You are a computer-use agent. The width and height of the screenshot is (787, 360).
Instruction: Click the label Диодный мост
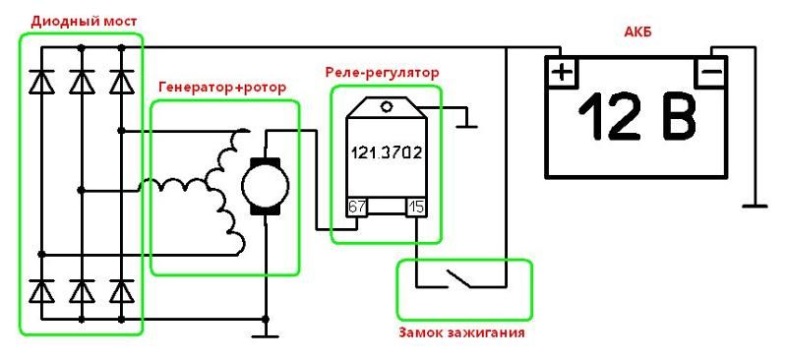84,22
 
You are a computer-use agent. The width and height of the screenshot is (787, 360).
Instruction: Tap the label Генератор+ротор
222,88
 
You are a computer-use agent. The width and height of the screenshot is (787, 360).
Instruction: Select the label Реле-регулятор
382,73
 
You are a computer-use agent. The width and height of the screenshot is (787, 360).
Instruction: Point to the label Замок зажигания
461,332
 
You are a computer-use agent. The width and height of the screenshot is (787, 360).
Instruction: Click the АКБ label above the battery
637,33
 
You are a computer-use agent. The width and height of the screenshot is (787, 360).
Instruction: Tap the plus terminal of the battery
562,73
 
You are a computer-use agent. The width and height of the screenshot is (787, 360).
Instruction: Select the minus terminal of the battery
709,73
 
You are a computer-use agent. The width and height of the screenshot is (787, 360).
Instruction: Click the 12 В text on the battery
637,117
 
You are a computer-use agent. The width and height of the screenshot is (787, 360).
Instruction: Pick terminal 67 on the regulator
357,207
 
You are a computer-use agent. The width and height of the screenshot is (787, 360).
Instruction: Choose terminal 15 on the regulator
416,207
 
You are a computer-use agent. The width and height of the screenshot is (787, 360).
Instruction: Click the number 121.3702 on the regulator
386,151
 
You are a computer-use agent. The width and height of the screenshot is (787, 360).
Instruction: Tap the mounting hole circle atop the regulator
386,106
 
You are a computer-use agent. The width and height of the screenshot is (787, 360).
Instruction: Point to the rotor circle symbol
265,186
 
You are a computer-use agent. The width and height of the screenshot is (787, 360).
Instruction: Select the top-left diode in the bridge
41,82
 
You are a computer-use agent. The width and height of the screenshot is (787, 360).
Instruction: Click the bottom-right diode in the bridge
121,291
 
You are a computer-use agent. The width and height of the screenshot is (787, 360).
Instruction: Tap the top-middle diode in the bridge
82,82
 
